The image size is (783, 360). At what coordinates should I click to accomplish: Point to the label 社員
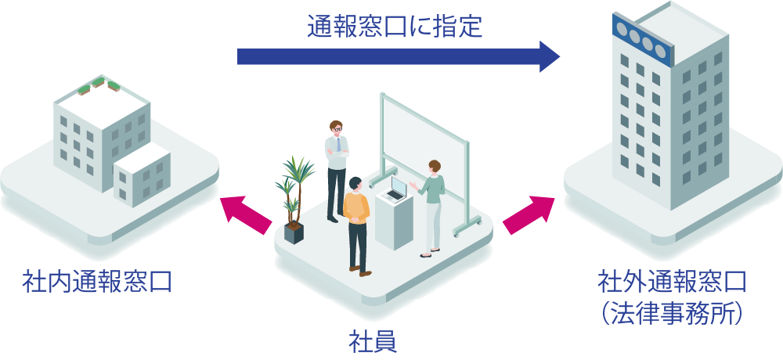click(371, 341)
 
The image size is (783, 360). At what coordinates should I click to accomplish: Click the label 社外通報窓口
click(672, 281)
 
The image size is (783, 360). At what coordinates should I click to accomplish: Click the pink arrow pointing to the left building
click(244, 214)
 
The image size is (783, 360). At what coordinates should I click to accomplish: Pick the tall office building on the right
click(666, 110)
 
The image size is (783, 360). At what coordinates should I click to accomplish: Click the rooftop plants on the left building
click(98, 84)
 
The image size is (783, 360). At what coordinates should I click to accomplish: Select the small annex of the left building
click(141, 176)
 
